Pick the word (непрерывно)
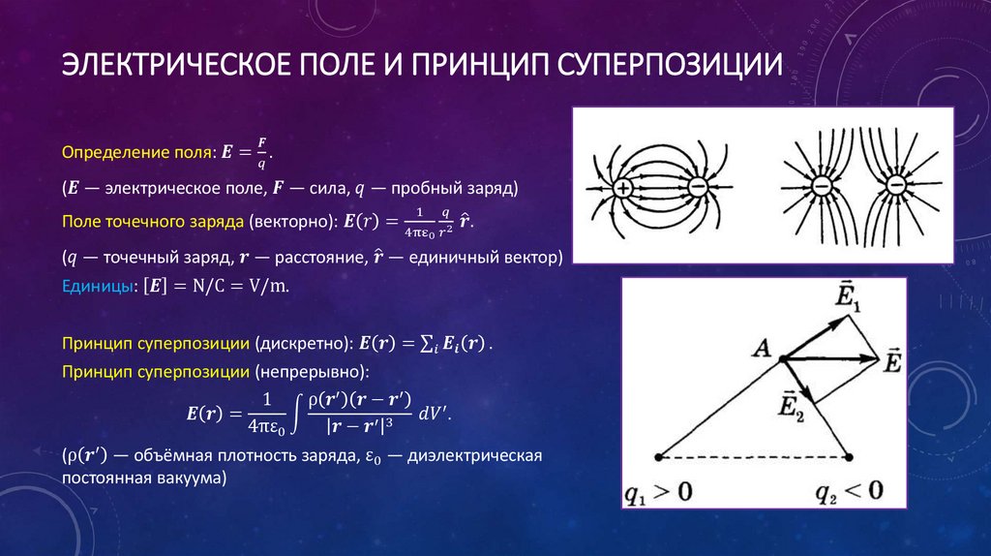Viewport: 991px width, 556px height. (312, 371)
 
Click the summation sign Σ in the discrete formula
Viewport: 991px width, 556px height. (427, 344)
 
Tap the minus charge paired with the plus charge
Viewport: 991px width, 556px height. (697, 187)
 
